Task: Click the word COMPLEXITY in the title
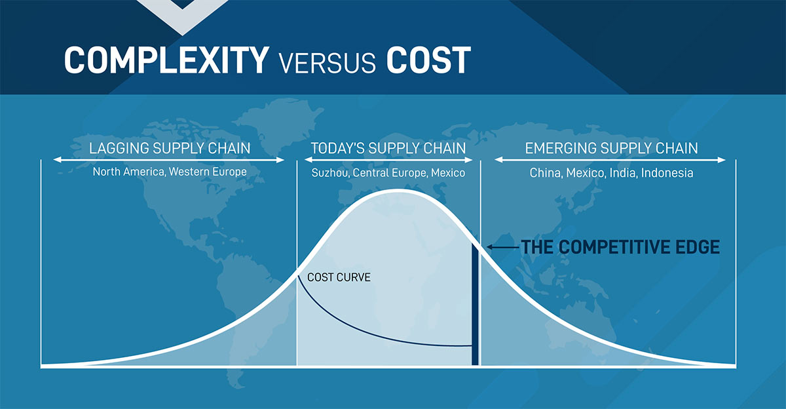pos(166,60)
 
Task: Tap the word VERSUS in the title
pos(327,63)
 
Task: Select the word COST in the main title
pos(428,60)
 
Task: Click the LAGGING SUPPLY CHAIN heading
pos(170,148)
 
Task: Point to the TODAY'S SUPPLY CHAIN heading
pos(388,148)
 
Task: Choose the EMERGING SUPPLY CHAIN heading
pos(611,148)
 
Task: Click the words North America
pos(129,172)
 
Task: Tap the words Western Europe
pos(208,172)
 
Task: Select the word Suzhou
pos(330,173)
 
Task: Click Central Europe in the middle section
pos(390,173)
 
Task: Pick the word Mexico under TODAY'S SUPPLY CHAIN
pos(448,173)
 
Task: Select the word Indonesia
pos(667,173)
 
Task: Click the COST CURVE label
pos(339,277)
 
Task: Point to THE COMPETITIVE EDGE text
pos(620,247)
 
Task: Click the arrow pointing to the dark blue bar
pos(503,247)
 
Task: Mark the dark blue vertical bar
pos(475,304)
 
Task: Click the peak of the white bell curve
pos(398,191)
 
